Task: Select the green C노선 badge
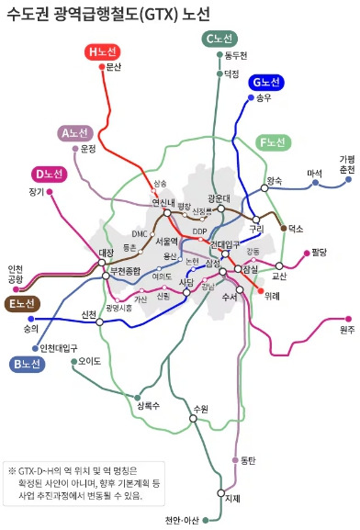click(x=221, y=38)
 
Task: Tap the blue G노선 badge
click(x=267, y=82)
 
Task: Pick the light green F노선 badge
click(x=274, y=142)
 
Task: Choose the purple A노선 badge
click(x=72, y=133)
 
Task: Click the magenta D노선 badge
click(x=48, y=174)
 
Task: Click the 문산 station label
click(x=114, y=66)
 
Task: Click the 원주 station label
click(x=346, y=330)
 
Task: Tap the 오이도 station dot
click(x=73, y=361)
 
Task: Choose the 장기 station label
click(x=37, y=192)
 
